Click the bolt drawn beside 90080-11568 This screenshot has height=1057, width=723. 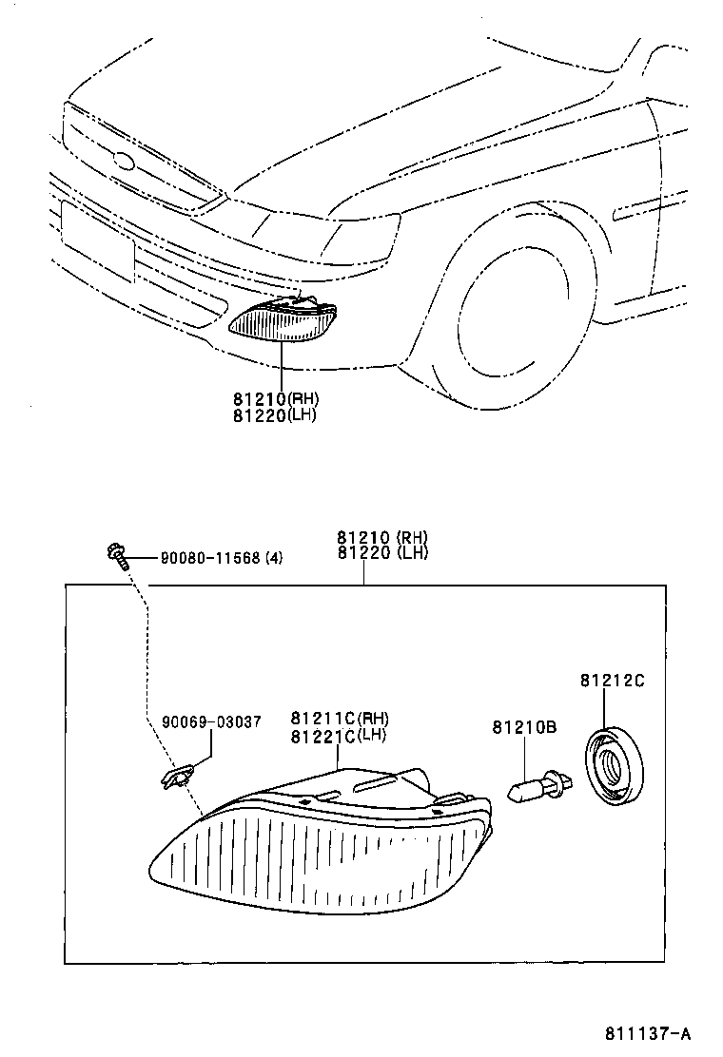point(115,554)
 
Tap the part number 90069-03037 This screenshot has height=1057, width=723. point(210,722)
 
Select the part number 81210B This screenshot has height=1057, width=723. point(524,728)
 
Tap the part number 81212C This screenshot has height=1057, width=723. point(613,681)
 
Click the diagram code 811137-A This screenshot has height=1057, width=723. point(646,1032)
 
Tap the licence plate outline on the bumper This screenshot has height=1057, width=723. point(96,241)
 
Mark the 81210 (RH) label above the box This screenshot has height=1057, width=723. point(381,537)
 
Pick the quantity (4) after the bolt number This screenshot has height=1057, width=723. point(273,558)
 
